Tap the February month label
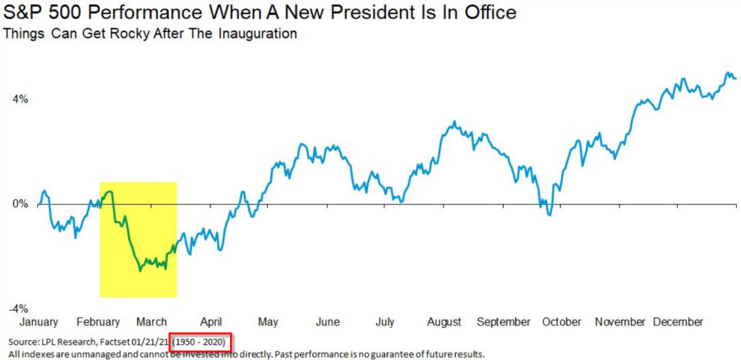(x=98, y=321)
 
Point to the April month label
(x=210, y=321)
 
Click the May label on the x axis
(x=268, y=321)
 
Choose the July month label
(x=384, y=321)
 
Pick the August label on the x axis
(x=446, y=321)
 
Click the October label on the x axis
(x=562, y=321)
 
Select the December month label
(x=678, y=321)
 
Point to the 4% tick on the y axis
(x=19, y=99)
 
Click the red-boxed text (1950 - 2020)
(x=201, y=341)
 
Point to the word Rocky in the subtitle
(x=114, y=35)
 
